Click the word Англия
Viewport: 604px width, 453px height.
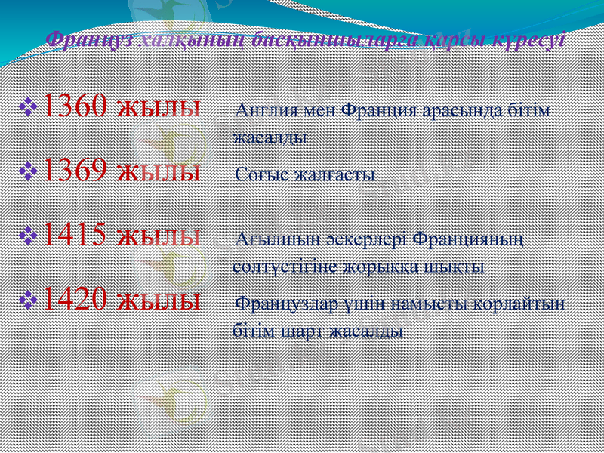tap(261, 110)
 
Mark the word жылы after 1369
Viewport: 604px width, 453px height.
tap(160, 171)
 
